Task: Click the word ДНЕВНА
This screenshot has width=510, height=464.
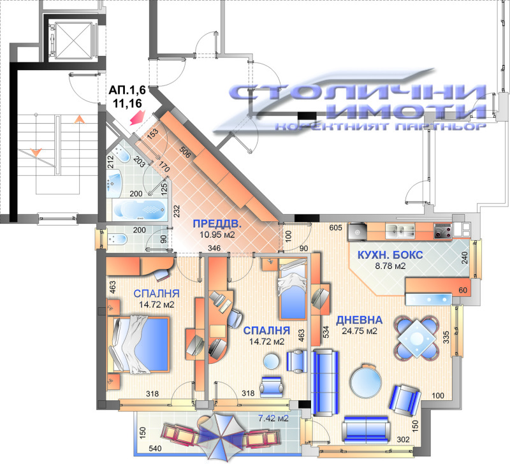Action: pos(360,320)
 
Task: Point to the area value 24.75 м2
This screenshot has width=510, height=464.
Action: pos(360,331)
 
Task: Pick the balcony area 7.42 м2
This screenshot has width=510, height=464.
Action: pos(273,418)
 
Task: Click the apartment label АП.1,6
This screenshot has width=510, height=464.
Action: pos(127,91)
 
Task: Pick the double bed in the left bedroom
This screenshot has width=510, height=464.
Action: pos(140,345)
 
